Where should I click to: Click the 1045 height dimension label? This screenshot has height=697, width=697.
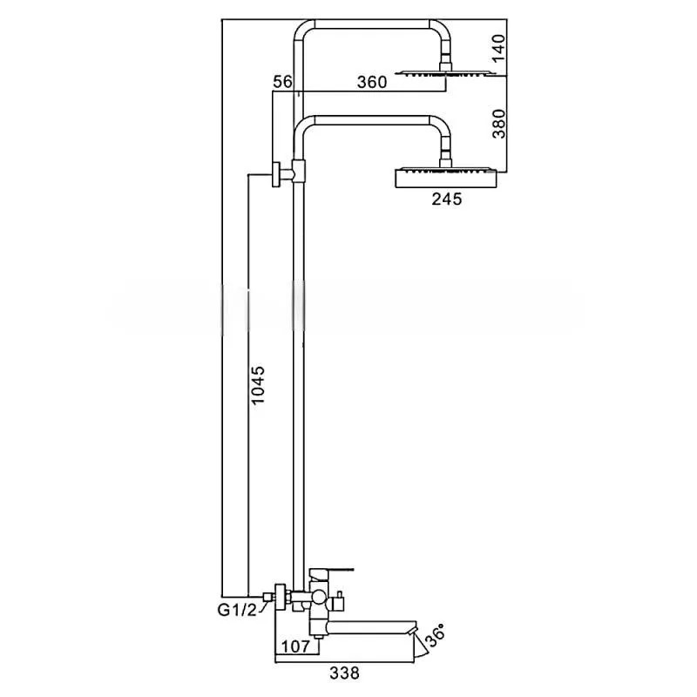point(258,385)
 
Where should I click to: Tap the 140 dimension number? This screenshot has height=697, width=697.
point(498,48)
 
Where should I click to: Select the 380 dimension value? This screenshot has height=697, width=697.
point(498,124)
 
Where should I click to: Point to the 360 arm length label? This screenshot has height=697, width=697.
point(372,82)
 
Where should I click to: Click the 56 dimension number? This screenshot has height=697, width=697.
point(282,82)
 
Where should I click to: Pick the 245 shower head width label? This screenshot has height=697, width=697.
point(447,199)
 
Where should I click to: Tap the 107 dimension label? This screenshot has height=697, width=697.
point(296,646)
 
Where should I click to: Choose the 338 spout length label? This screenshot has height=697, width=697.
point(344,673)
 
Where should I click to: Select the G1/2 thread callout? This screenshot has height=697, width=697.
point(237,611)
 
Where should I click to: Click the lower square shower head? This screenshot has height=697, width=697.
point(446,178)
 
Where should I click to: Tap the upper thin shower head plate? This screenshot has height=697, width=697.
point(446,73)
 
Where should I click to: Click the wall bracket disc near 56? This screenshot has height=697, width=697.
point(276,174)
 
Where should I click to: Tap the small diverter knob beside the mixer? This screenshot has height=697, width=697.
point(340,601)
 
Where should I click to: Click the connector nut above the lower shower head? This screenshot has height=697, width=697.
point(445,163)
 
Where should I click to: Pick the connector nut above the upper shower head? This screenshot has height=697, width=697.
point(445,66)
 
